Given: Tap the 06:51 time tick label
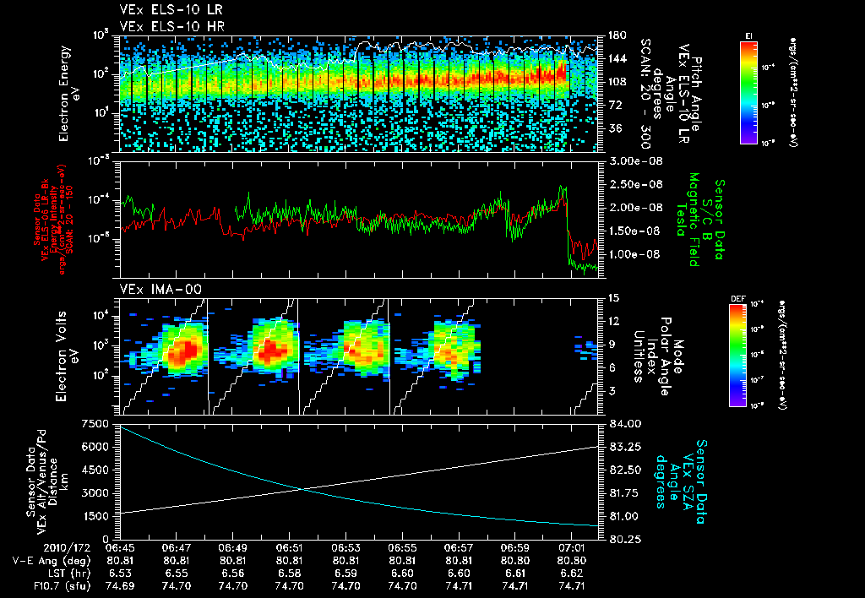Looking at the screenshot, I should (289, 547).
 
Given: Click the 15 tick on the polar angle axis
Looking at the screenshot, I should (613, 298).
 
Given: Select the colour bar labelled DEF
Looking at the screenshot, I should (737, 355).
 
